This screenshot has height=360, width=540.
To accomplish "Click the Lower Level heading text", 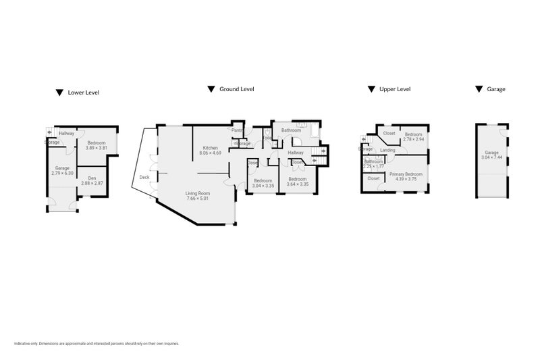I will coord(84,93).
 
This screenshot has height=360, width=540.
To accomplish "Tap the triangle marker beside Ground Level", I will coord(211,88).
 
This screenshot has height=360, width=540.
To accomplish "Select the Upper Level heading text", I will coord(395,88).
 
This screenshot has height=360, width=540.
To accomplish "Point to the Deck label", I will coord(144,178).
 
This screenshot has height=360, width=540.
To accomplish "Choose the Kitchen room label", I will coord(210,148).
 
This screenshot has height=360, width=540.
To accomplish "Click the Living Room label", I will coord(198,194).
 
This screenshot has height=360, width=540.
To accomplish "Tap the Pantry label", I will coord(238,130).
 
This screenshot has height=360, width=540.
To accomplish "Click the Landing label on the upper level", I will coord(387,150).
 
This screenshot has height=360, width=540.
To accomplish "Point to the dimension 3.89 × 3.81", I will coord(96,148).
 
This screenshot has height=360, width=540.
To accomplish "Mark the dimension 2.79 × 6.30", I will coord(62,173).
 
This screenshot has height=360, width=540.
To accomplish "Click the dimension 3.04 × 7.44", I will coord(491,157).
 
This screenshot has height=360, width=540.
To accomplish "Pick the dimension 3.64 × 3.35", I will coord(297,184).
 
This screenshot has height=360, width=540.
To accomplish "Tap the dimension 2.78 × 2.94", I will coord(412,139).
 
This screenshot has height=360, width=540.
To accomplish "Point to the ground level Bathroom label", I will coord(291,130).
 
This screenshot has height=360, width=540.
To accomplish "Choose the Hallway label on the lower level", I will coord(66,133).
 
